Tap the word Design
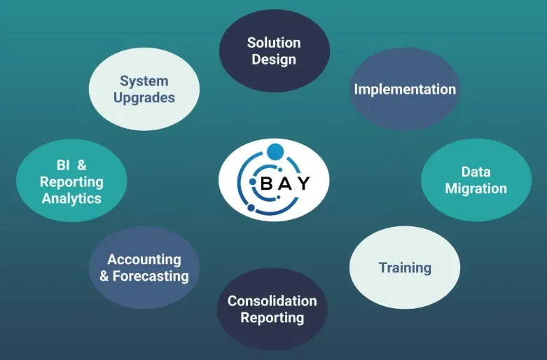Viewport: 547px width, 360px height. [x=273, y=60]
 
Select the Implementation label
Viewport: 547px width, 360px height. [x=405, y=89]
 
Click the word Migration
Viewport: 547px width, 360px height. [x=476, y=188]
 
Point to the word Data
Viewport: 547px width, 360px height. [x=476, y=172]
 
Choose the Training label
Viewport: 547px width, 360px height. [x=405, y=268]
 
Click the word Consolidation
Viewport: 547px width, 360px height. [x=272, y=301]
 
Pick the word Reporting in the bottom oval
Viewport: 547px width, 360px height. [x=272, y=318]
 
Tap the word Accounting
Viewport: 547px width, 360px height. [x=144, y=260]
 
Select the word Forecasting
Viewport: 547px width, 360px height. [x=151, y=276]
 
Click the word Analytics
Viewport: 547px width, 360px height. [x=71, y=198]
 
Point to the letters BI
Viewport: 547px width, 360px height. [x=62, y=165]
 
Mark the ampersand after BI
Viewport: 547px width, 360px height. [x=82, y=165]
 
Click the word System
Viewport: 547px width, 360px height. [x=144, y=81]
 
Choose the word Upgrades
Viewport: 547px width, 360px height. [x=144, y=97]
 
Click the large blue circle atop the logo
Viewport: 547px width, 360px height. [x=275, y=151]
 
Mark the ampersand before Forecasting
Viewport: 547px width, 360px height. [x=104, y=276]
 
